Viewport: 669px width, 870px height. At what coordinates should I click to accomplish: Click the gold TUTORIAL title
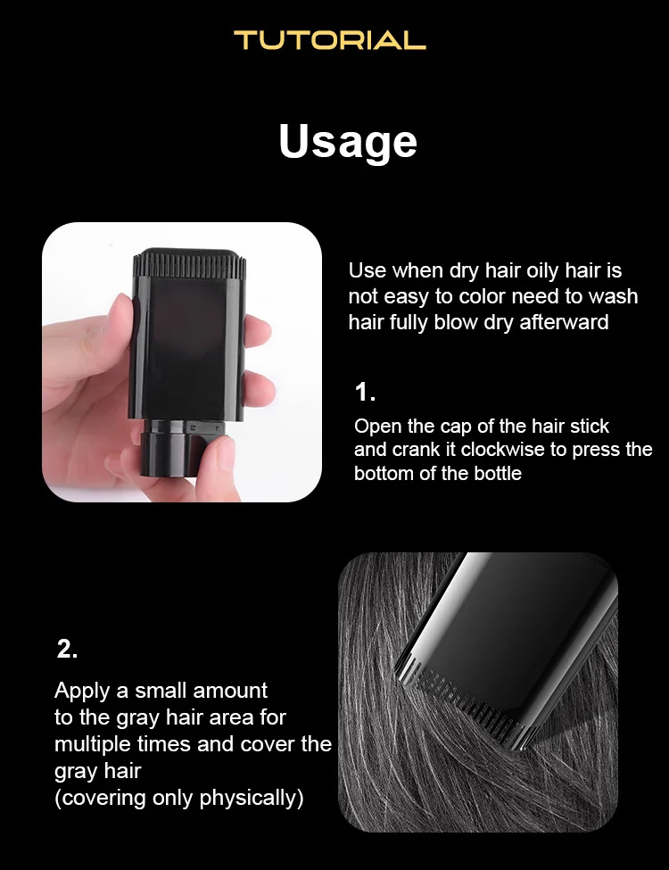[330, 40]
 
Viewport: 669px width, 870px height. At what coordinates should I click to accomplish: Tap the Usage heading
[348, 142]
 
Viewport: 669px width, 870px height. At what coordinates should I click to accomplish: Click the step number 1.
[365, 393]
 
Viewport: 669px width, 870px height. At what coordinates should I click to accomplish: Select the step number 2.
[67, 649]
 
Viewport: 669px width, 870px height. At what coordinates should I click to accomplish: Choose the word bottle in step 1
[498, 474]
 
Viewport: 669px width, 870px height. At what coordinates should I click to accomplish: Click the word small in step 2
[161, 691]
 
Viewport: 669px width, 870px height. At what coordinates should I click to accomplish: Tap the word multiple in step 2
[93, 744]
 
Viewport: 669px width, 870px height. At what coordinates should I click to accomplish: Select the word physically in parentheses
[252, 798]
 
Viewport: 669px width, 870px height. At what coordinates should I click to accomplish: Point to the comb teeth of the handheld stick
[190, 264]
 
